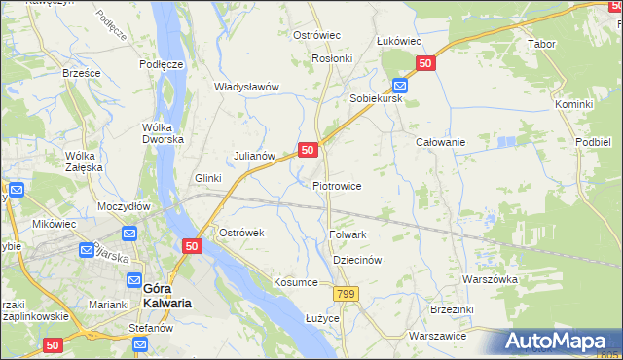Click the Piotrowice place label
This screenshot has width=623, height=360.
pyautogui.click(x=337, y=185)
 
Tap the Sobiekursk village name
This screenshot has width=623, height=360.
pyautogui.click(x=376, y=99)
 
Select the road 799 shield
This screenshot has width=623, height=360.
pyautogui.click(x=344, y=293)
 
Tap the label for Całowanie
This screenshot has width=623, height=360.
pyautogui.click(x=440, y=142)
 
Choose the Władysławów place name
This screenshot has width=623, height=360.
pyautogui.click(x=246, y=87)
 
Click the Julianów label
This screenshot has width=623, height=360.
pyautogui.click(x=255, y=155)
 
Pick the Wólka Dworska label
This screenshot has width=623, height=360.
pyautogui.click(x=163, y=132)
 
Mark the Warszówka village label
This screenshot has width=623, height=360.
pyautogui.click(x=489, y=279)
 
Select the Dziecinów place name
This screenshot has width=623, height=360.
pyautogui.click(x=356, y=261)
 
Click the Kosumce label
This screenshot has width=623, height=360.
pyautogui.click(x=296, y=282)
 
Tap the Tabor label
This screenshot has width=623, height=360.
pyautogui.click(x=540, y=45)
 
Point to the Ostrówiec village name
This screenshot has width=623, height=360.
pyautogui.click(x=316, y=35)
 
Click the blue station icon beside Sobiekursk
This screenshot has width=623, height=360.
pyautogui.click(x=399, y=84)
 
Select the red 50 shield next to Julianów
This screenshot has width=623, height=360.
pyautogui.click(x=308, y=150)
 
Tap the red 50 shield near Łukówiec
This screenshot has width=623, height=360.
pyautogui.click(x=424, y=63)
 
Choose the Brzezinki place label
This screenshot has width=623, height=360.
pyautogui.click(x=451, y=308)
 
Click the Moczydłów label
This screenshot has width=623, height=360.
pyautogui.click(x=123, y=207)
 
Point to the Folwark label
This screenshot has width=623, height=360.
pyautogui.click(x=348, y=234)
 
